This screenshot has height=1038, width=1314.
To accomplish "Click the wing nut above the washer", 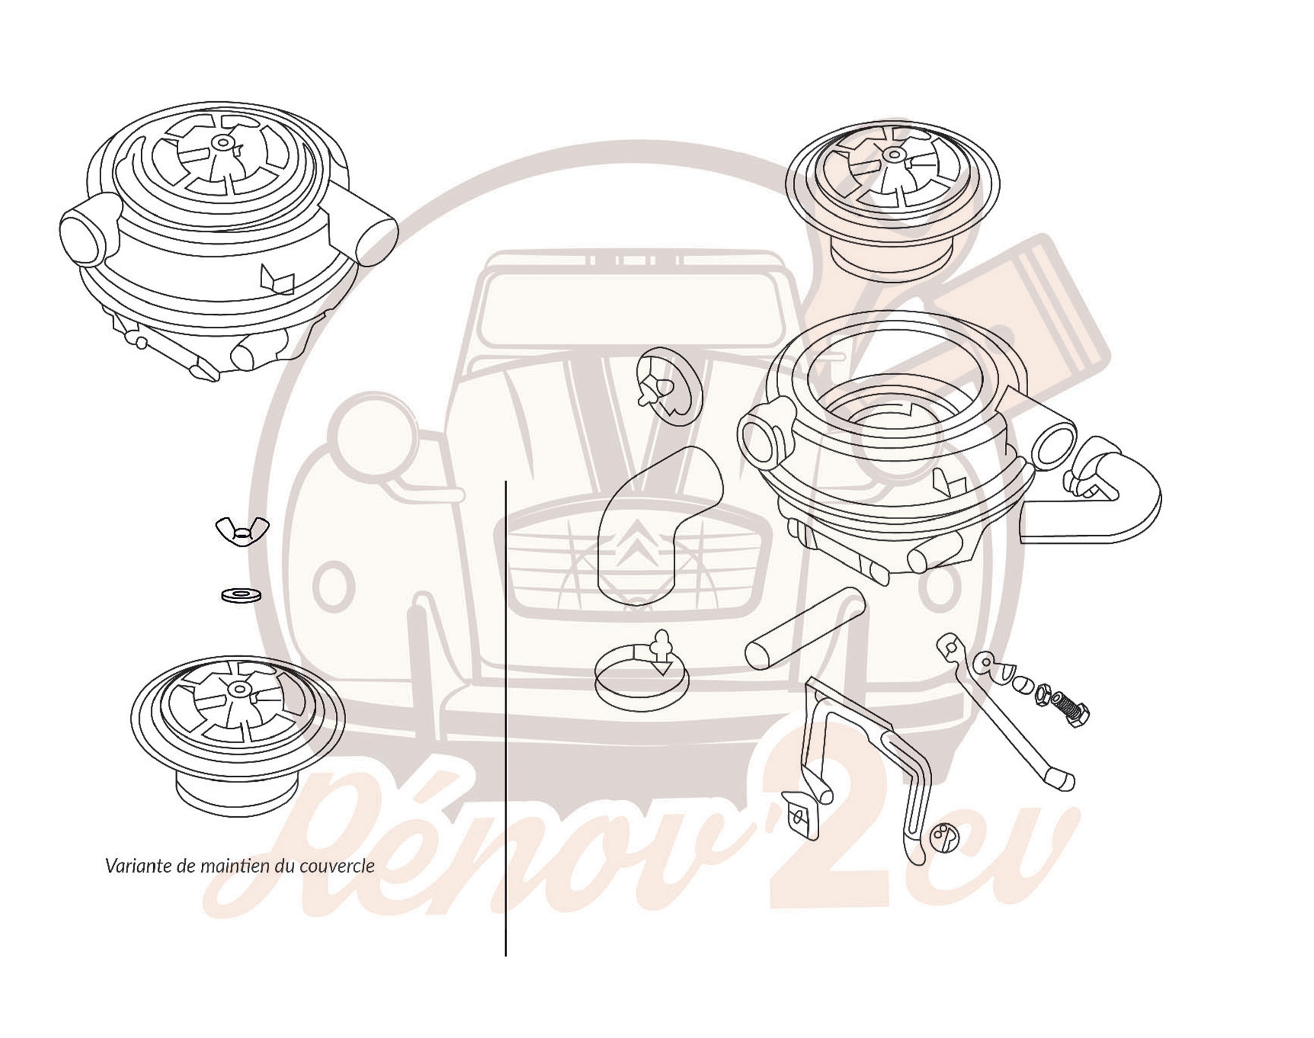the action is tap(242, 531).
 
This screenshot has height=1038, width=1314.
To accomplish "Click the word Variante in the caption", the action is tap(129, 866).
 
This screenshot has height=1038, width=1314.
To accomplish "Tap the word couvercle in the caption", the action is tap(345, 866).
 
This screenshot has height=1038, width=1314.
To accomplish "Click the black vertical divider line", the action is tap(506, 718).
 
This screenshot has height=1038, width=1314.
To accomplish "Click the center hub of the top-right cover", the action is tap(890, 154).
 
